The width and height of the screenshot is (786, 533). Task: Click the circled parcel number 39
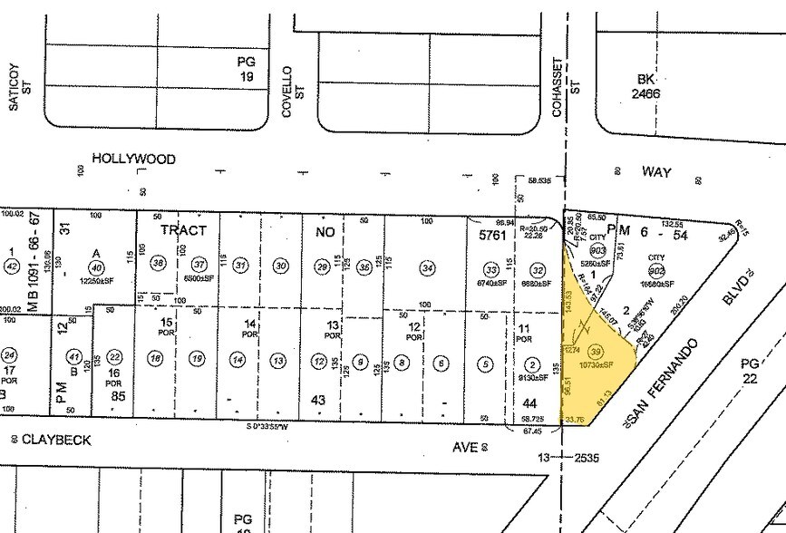point(596,351)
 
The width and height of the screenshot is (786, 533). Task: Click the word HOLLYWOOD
point(133,159)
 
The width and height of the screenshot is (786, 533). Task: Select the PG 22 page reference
point(749,371)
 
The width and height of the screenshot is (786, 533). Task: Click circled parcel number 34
point(427,267)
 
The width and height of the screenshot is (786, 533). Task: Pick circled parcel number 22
point(115,357)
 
